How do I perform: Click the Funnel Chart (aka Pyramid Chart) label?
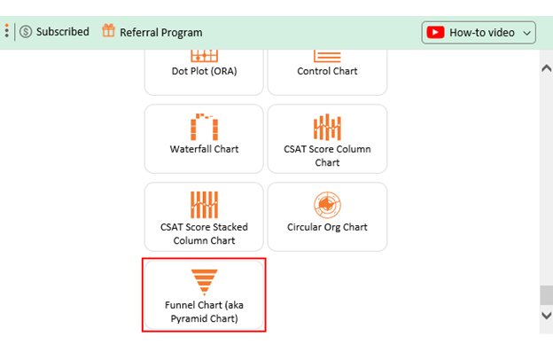pos(204,311)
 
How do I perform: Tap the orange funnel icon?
pos(204,282)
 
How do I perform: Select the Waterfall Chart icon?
pos(204,127)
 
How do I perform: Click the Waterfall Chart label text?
pos(204,149)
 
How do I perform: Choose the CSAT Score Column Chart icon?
pos(327,127)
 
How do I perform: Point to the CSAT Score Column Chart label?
pos(327,156)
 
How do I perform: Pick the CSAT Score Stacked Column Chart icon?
pos(204,205)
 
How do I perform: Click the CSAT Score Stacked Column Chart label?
pos(204,234)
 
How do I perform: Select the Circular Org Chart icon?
pos(327,205)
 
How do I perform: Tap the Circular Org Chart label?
pos(327,227)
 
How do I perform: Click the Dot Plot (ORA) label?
pos(204,71)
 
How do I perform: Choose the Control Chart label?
pos(327,71)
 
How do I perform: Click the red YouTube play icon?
pos(435,33)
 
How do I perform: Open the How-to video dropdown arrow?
pos(527,33)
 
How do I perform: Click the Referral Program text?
pos(161,33)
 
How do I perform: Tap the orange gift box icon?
pos(109,30)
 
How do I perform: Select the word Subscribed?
pos(63,32)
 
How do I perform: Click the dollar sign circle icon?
pos(26,32)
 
